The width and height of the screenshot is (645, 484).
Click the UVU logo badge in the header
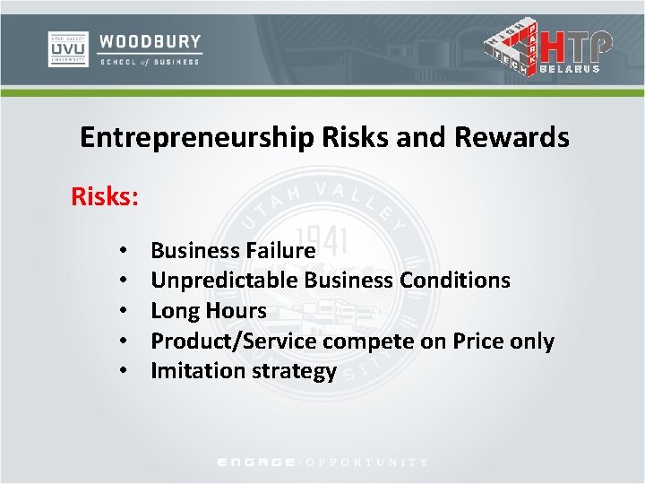pos(68,49)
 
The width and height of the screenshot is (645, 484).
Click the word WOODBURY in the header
pos(150,41)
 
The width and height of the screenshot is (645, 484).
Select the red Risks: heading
pos(105,195)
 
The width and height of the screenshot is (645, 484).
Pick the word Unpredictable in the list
pos(224,281)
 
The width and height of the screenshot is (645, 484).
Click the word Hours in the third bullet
pos(237,311)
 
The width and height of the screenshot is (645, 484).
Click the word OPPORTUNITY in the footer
pos(367,462)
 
